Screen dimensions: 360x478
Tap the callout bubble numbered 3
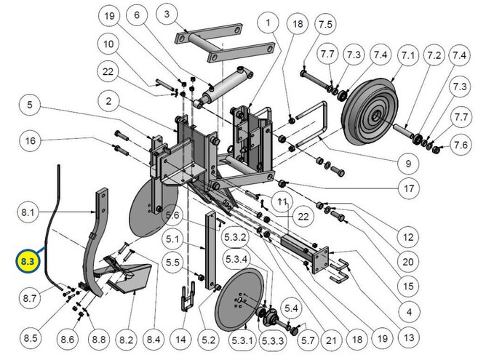[x=166, y=14]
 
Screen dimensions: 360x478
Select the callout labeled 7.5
[x=325, y=25]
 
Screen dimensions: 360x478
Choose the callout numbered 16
[x=29, y=140]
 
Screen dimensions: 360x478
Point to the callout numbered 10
[x=109, y=44]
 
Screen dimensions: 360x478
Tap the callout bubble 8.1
[x=28, y=212]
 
